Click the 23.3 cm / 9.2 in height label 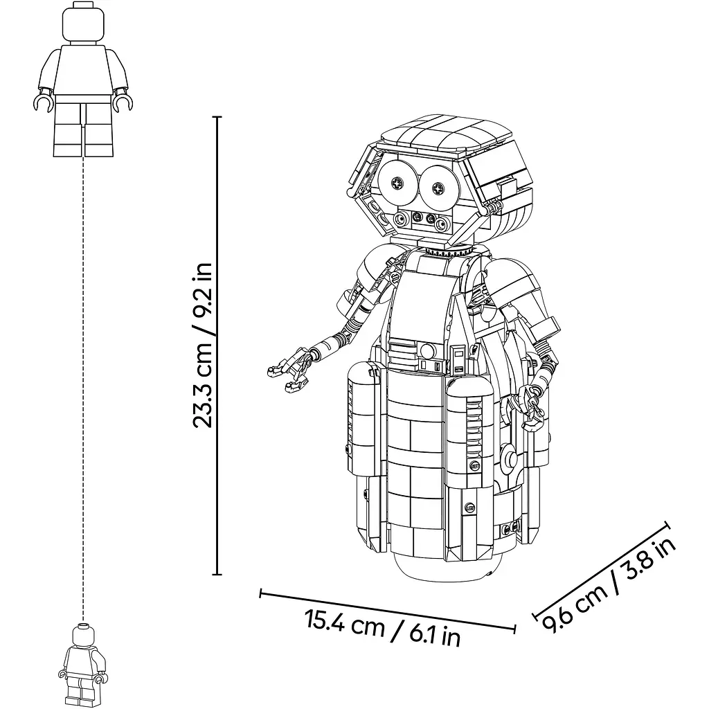(x=202, y=345)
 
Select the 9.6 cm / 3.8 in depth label (x=609, y=586)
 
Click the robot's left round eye (x=398, y=183)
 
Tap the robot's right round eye (x=438, y=187)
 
